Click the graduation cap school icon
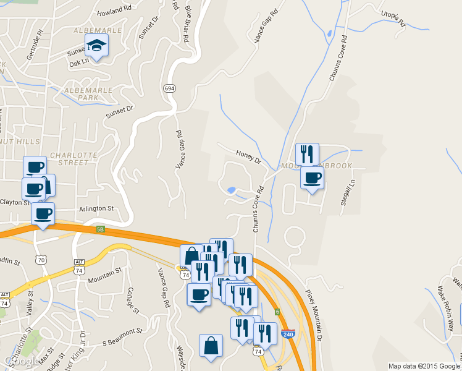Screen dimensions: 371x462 point(96,45)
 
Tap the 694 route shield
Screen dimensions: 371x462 point(169,88)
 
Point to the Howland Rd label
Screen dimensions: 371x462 point(114,11)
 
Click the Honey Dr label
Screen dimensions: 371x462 point(249,156)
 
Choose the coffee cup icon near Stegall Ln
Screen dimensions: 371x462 point(312,178)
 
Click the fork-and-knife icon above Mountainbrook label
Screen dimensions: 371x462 point(307,154)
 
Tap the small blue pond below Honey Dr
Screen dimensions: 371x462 point(231,190)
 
